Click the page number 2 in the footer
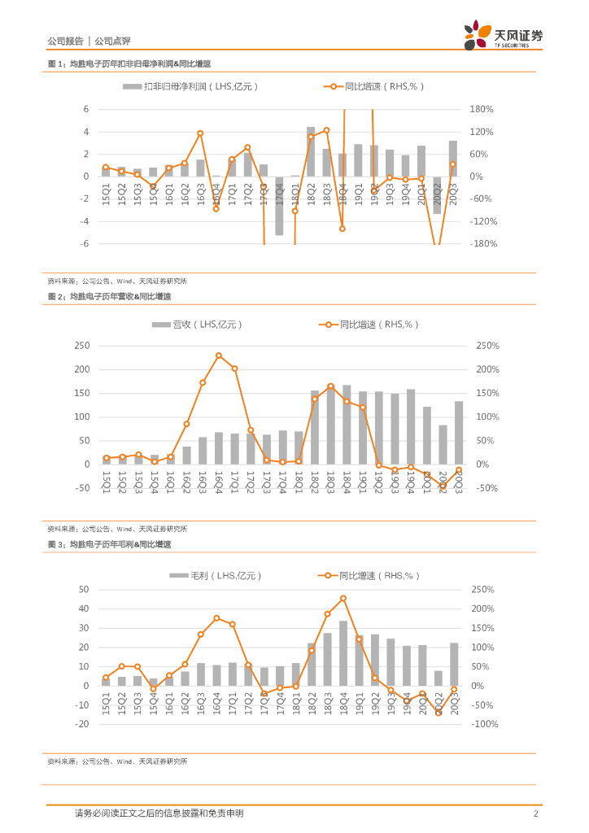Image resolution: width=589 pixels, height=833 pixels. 535,813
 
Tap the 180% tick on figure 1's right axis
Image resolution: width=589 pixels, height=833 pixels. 483,109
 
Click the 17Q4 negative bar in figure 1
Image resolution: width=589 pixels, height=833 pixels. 279,206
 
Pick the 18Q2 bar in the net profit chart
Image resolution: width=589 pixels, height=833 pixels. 311,151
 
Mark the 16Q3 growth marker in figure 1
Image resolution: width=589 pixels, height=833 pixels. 200,133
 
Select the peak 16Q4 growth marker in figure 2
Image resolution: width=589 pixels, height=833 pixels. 219,355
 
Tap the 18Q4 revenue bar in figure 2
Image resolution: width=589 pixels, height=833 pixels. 347,424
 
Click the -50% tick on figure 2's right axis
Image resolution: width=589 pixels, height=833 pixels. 487,488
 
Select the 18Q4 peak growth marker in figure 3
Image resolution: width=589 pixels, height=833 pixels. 343,599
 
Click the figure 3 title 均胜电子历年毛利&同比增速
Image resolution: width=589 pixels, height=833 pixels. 109,543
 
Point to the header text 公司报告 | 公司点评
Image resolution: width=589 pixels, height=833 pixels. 89,41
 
